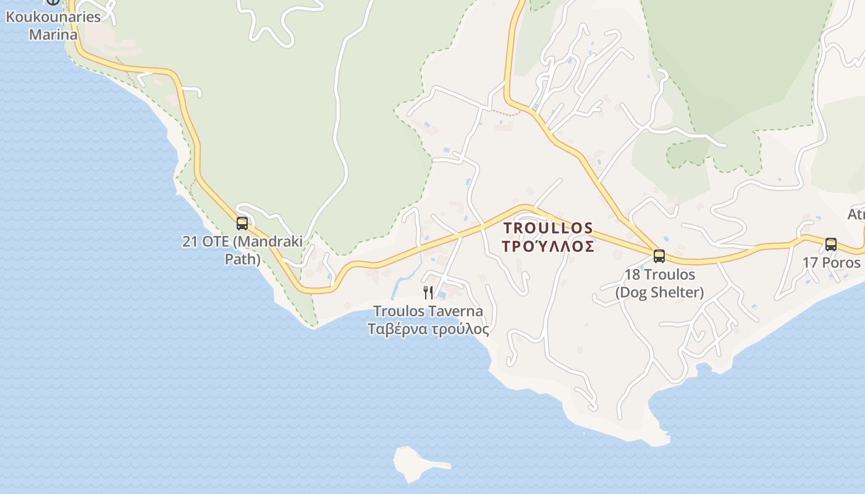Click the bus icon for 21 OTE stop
click(x=242, y=224)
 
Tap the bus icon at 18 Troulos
click(x=659, y=256)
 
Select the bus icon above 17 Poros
click(x=831, y=245)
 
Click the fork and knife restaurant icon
click(x=428, y=292)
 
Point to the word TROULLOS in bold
click(x=548, y=228)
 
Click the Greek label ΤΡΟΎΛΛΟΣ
click(x=548, y=247)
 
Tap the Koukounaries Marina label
click(x=53, y=25)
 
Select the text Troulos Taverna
click(x=428, y=311)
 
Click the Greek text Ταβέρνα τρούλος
click(x=428, y=329)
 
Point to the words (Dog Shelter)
click(x=659, y=293)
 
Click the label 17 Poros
click(x=831, y=262)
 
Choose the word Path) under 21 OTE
click(x=242, y=259)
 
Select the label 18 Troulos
click(x=659, y=275)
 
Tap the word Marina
click(x=53, y=34)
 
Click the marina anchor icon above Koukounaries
click(x=53, y=2)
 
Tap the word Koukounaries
click(x=53, y=17)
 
